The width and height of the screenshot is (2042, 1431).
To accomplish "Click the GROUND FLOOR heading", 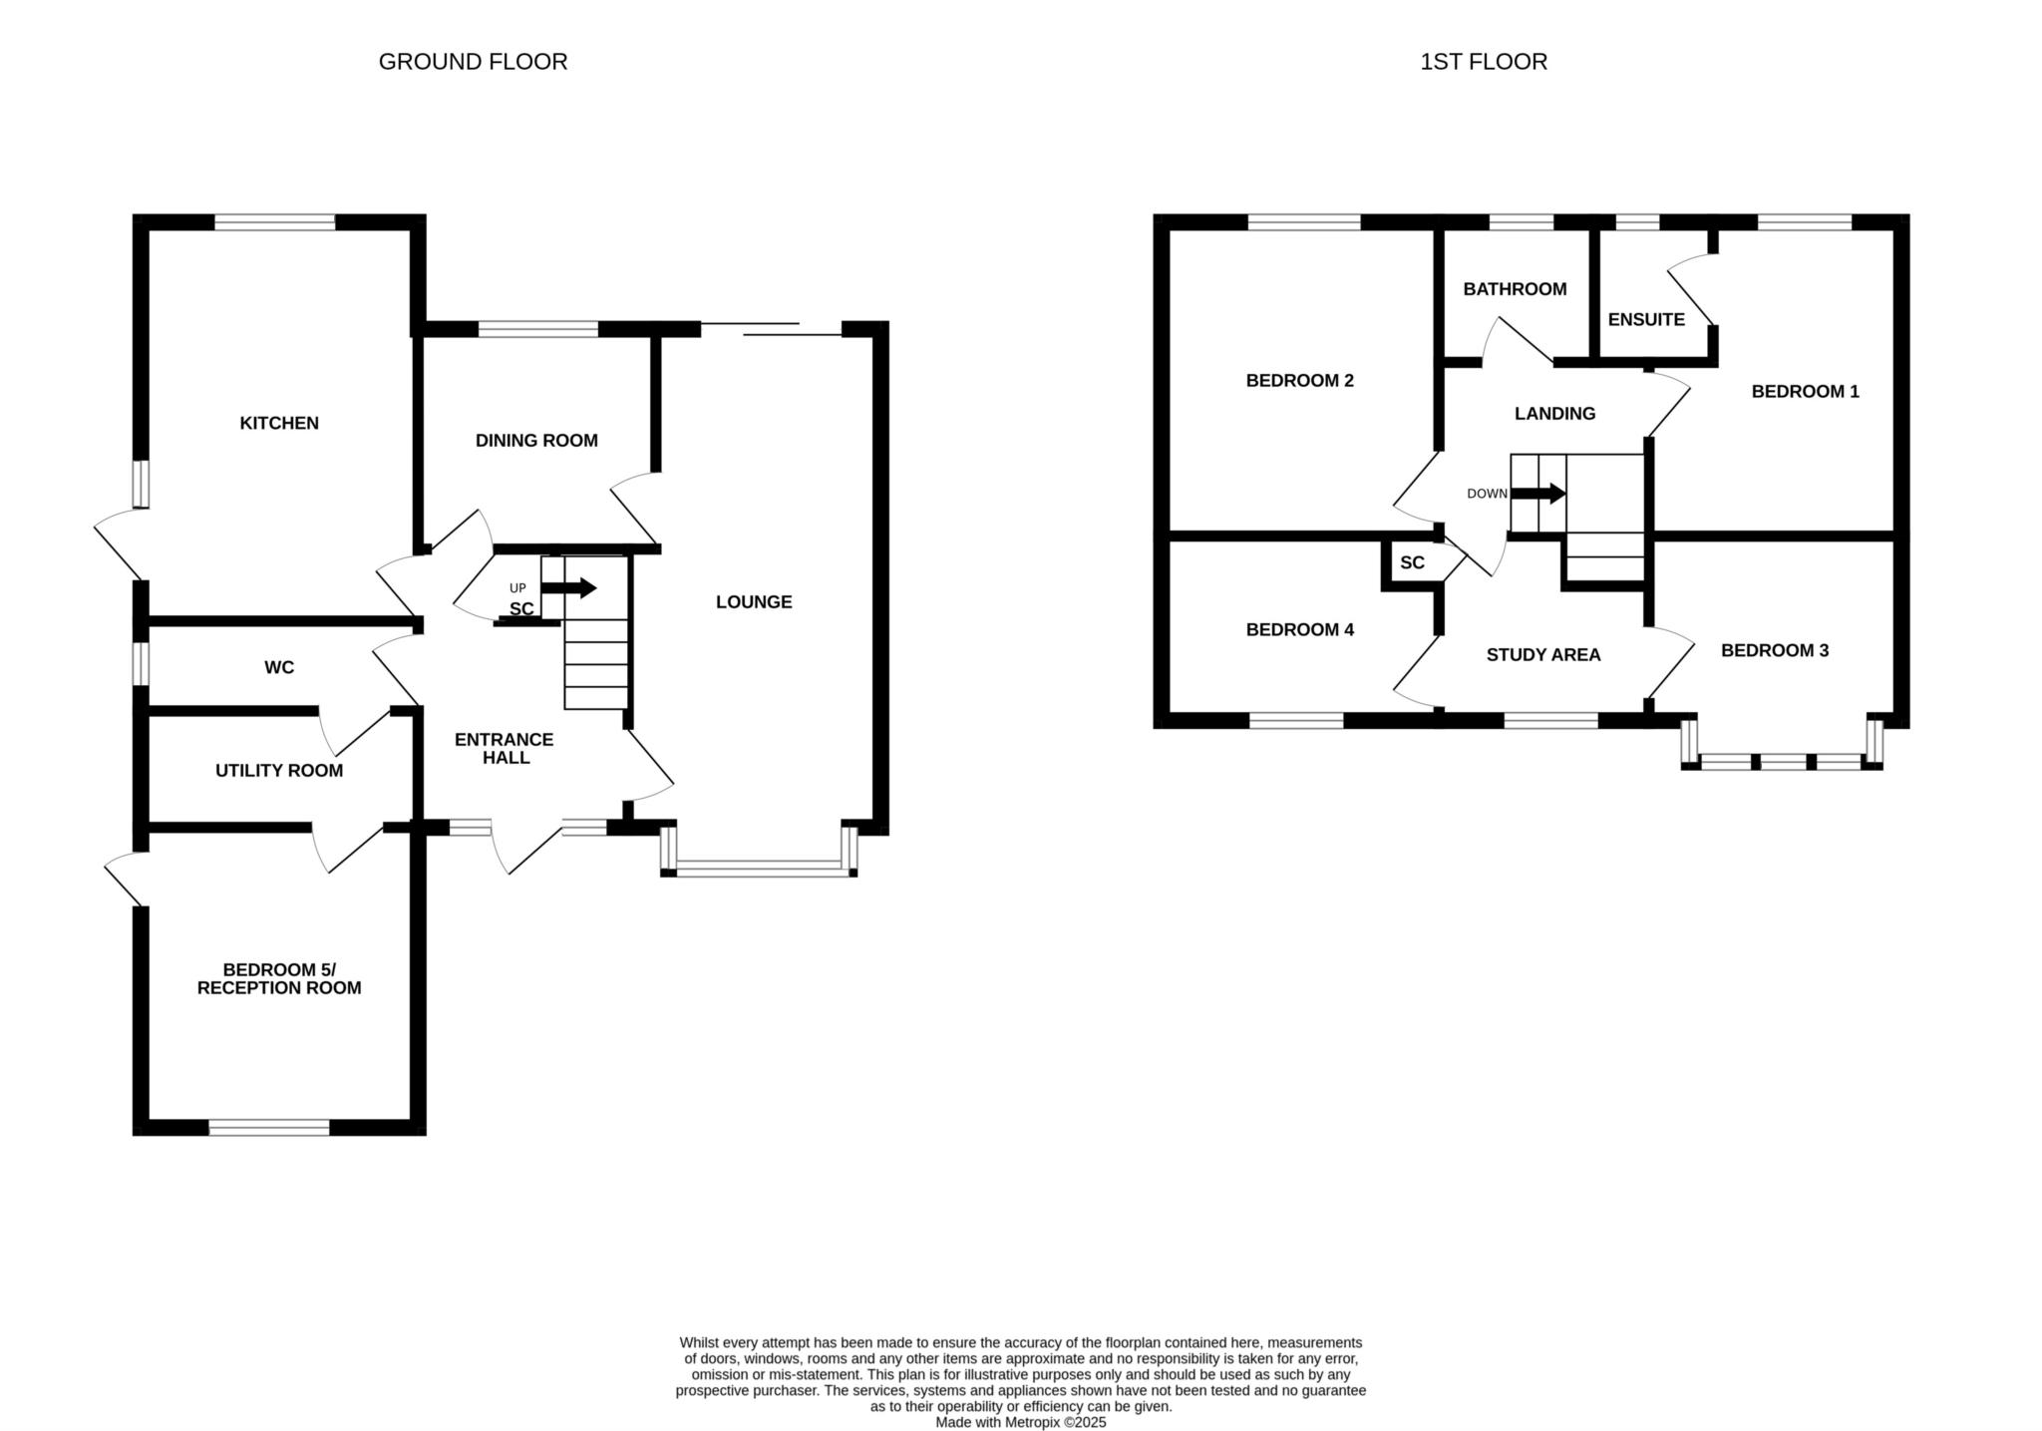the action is (x=473, y=62).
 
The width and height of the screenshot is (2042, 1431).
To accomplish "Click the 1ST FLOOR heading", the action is (x=1484, y=62).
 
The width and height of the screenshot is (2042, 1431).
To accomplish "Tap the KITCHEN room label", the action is (x=279, y=423).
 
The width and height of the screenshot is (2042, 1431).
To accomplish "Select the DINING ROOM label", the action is (x=536, y=440).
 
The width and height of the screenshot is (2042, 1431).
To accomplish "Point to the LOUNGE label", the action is (x=754, y=601).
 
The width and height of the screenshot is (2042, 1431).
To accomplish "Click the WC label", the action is (x=279, y=667).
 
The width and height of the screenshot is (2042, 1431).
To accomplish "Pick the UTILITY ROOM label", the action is (x=279, y=770).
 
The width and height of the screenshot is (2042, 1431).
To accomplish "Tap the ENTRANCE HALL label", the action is (x=504, y=748).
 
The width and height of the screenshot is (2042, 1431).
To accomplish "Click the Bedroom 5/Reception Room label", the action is (x=279, y=978).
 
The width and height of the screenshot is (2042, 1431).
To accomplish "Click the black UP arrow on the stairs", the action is (x=568, y=588).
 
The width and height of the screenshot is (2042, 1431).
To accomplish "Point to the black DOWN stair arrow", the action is (x=1538, y=493).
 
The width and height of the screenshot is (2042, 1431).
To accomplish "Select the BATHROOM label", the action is (x=1515, y=289).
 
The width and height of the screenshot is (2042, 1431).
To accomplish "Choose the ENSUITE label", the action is (x=1646, y=319).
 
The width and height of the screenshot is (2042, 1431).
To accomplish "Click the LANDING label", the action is (x=1554, y=413).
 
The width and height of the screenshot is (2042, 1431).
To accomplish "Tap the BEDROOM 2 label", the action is (x=1299, y=380).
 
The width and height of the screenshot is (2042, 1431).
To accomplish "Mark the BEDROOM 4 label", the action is (x=1299, y=629).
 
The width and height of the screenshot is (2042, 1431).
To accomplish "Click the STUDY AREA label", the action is (x=1542, y=654).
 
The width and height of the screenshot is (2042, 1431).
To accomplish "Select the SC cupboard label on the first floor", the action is (x=1412, y=562).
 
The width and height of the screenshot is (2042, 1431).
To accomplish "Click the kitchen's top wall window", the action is (x=275, y=222).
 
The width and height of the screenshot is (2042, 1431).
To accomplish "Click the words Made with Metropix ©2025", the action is (x=1021, y=1422).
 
